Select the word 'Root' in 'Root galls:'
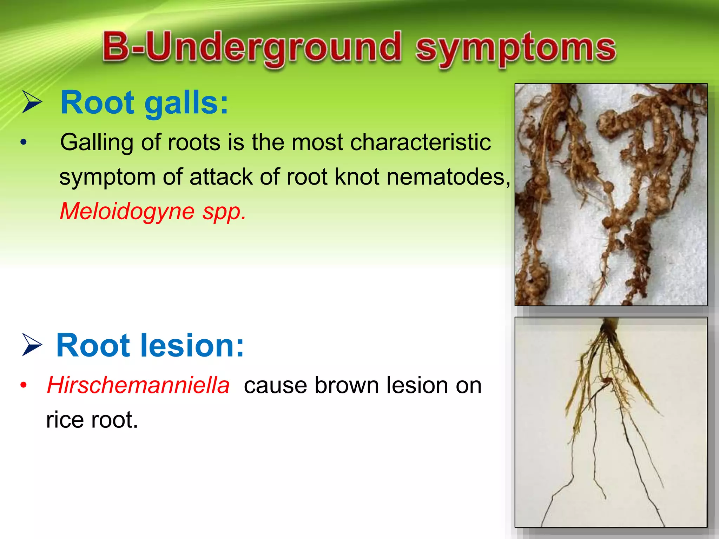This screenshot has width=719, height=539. [98, 103]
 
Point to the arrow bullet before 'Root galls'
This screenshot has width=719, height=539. [32, 102]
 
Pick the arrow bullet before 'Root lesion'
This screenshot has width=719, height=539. [32, 345]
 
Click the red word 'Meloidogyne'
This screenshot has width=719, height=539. [127, 211]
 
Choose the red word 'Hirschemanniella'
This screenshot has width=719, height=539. [138, 385]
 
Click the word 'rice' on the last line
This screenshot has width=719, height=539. [65, 420]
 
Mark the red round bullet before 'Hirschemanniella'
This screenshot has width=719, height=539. [24, 385]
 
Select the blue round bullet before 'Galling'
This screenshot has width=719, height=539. [24, 142]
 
